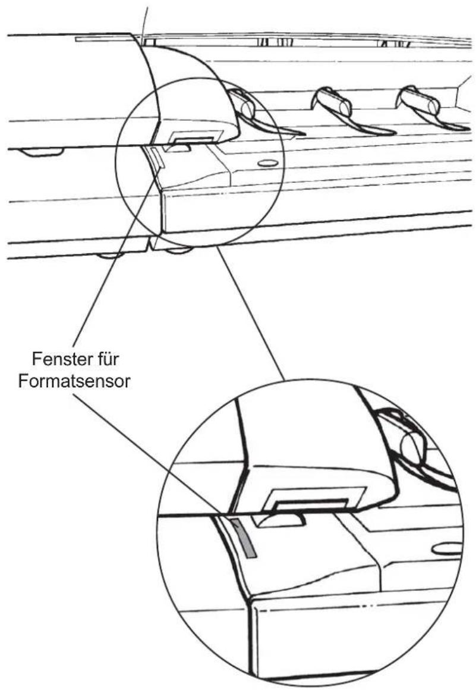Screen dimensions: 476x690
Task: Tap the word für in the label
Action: coord(106,359)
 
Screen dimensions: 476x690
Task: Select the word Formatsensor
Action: coord(74,381)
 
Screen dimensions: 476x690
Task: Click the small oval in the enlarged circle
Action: coord(446,549)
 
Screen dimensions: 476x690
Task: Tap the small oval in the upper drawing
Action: coord(267,163)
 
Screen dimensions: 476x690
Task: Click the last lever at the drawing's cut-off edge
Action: coord(428,108)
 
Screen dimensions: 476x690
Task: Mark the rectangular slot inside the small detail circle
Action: coord(193,140)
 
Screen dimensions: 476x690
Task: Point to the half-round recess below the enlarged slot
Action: coord(280,519)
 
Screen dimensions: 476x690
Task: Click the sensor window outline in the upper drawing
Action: coord(156,158)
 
